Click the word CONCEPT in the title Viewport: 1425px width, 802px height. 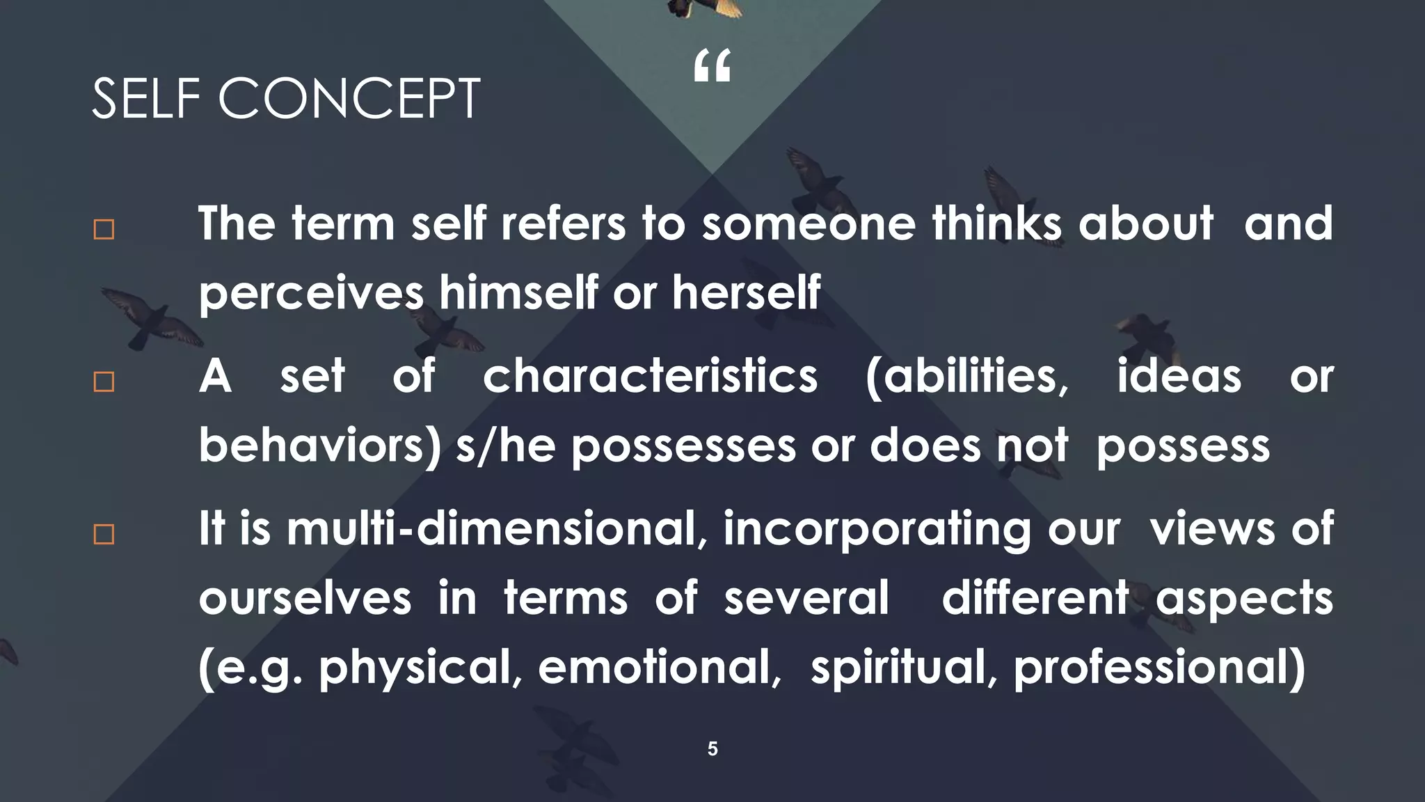coord(349,99)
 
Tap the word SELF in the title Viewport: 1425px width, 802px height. coord(146,99)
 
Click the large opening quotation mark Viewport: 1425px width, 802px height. coord(712,66)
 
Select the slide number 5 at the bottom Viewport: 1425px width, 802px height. coord(712,749)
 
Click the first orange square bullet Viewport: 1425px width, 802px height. coord(104,230)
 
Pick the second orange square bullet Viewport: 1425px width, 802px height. coord(104,382)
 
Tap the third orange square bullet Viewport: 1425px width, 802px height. coord(104,534)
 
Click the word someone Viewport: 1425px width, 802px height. coord(808,223)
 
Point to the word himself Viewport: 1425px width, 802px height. coord(518,292)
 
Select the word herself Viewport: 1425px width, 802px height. coord(746,292)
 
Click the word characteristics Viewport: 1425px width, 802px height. coord(650,376)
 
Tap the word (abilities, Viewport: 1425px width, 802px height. coord(967,376)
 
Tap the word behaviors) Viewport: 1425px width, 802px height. coord(320,446)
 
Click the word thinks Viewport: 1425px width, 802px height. coord(997,223)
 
